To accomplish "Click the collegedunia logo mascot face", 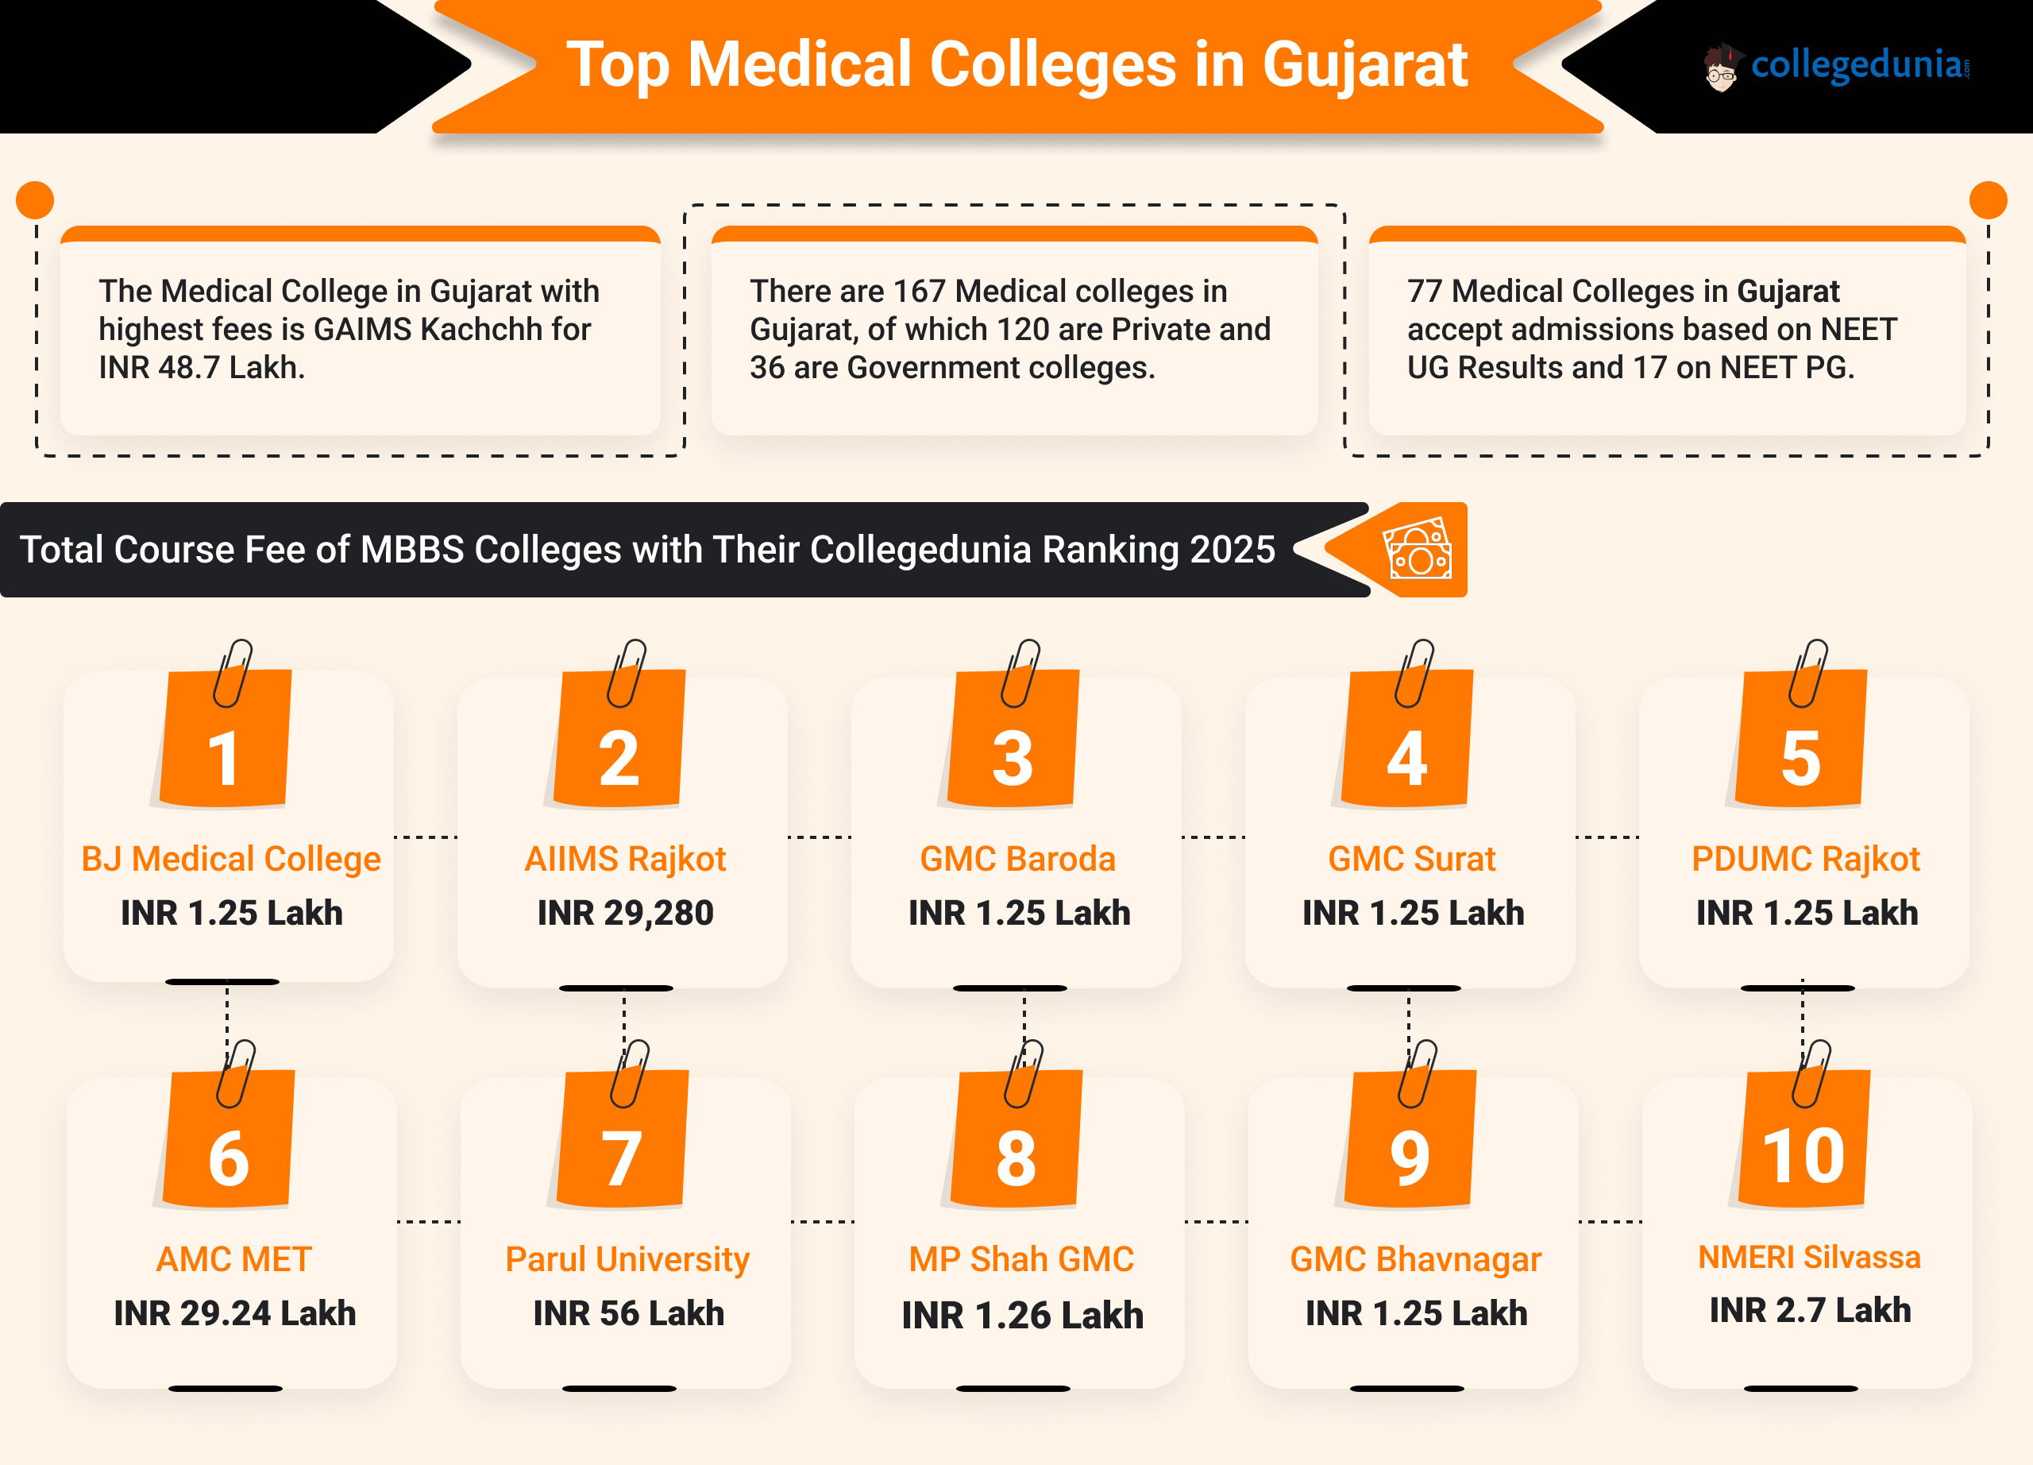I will (1720, 68).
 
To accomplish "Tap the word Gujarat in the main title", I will (1364, 64).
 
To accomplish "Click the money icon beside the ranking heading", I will (1418, 550).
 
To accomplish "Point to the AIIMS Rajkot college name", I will (625, 859).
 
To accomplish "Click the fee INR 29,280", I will (625, 913).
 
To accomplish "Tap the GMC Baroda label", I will (1017, 859).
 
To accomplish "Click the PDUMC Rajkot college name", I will (1805, 859).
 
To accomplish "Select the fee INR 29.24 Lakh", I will (235, 1313).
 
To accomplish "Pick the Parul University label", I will (627, 1260).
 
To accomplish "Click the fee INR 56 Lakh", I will (628, 1313).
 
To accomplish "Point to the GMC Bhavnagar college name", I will (1415, 1260).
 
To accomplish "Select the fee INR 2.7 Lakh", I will (1810, 1311).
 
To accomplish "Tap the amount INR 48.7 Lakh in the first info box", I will (202, 368).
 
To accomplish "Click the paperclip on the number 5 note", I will (1808, 672).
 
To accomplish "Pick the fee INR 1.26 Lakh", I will (1023, 1316).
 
